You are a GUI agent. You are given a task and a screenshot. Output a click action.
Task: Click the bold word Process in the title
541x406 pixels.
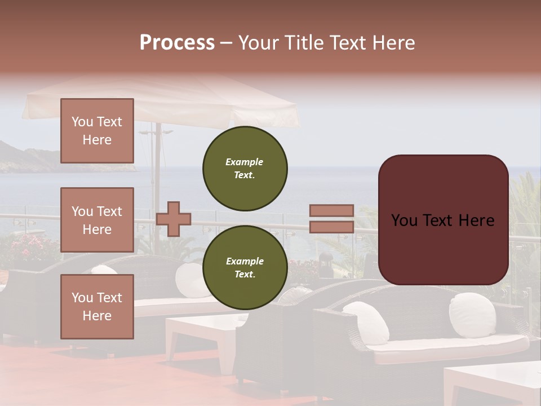(x=177, y=43)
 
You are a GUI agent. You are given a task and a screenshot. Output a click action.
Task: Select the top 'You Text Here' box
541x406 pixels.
(x=97, y=131)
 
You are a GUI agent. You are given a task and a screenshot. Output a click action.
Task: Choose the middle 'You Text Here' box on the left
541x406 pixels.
(x=97, y=220)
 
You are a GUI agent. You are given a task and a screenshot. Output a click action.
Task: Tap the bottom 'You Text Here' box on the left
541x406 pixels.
(x=97, y=306)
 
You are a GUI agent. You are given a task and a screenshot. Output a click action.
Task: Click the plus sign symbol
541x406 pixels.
(x=174, y=219)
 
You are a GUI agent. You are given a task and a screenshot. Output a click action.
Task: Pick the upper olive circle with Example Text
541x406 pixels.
(x=245, y=168)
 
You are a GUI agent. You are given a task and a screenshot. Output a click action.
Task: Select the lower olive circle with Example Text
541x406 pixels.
(x=245, y=267)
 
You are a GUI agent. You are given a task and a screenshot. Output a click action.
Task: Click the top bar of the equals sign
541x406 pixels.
(x=331, y=211)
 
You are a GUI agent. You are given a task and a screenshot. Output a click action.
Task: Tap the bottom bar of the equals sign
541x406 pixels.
(x=331, y=227)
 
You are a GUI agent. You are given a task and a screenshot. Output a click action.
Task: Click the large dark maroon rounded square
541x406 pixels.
(x=443, y=220)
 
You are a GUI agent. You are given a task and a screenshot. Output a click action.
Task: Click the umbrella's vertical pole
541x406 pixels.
(x=158, y=169)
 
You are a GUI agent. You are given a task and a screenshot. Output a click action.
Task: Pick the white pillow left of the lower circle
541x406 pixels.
(x=189, y=279)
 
